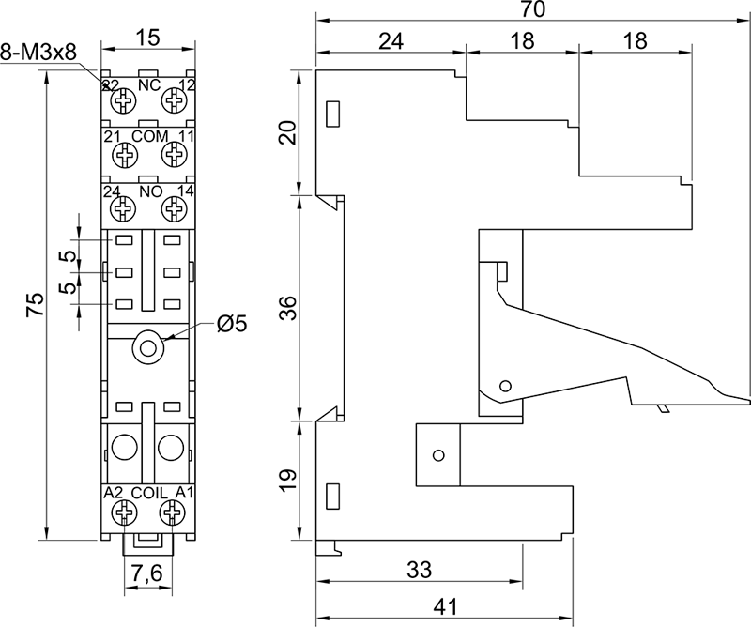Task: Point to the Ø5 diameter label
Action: pos(231,324)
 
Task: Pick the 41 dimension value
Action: pos(445,607)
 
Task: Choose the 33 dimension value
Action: pos(419,569)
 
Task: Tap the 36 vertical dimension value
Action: pos(288,307)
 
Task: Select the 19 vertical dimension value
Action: pos(288,481)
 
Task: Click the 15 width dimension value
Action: pos(146,38)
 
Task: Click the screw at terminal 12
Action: pos(173,100)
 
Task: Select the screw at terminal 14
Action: pos(173,207)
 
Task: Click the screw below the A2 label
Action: pos(122,512)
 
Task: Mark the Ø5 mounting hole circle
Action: pos(146,347)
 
